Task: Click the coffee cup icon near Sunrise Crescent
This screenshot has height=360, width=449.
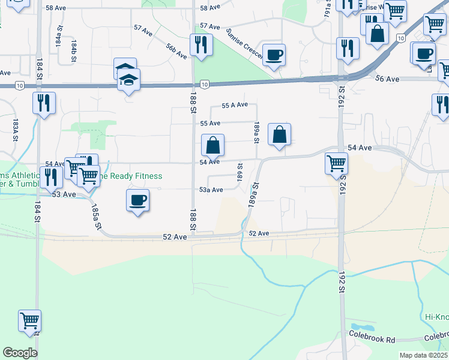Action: click(x=274, y=55)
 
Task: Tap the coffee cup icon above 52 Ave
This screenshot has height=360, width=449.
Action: click(x=137, y=200)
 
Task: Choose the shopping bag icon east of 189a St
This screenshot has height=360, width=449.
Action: click(x=280, y=134)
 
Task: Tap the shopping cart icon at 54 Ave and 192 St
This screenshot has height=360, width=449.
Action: click(x=336, y=163)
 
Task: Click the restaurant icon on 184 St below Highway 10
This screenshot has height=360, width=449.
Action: click(x=44, y=103)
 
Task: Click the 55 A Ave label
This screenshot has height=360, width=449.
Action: click(x=235, y=105)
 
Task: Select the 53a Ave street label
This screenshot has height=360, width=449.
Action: click(x=211, y=190)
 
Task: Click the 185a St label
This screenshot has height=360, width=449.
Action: click(x=95, y=216)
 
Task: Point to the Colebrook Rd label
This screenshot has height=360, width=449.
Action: click(x=372, y=340)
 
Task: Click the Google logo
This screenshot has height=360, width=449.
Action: click(x=20, y=352)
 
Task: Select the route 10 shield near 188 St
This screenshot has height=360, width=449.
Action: click(x=205, y=85)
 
